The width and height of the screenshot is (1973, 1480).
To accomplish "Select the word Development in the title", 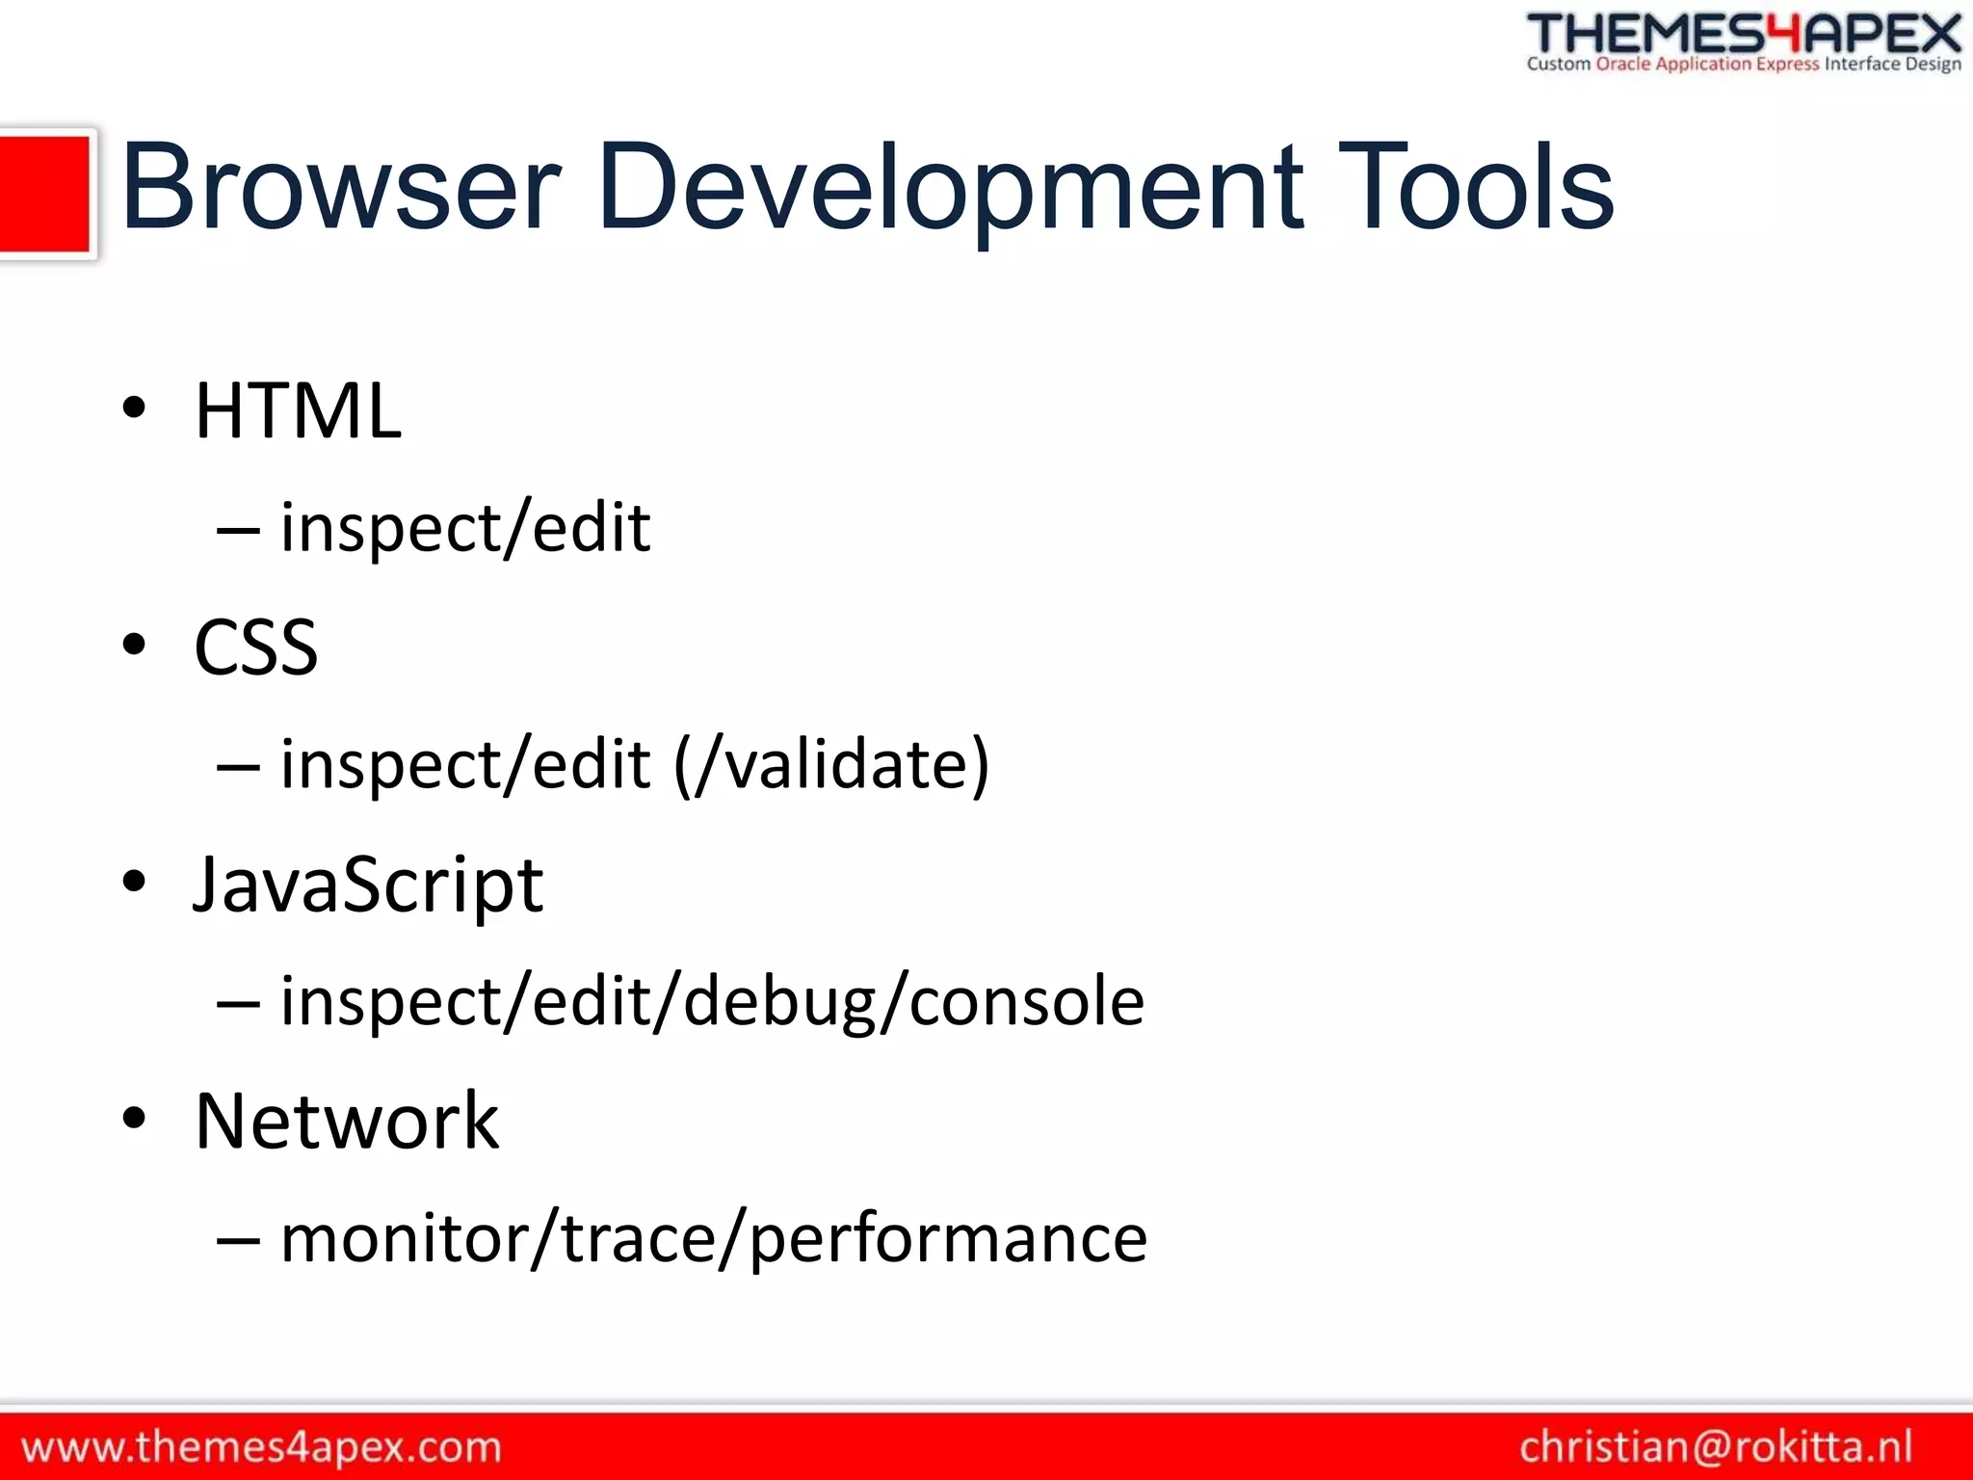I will pos(950,187).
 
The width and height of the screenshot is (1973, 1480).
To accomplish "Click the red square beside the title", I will pos(45,195).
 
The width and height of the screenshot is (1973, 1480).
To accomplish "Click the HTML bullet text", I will pos(298,410).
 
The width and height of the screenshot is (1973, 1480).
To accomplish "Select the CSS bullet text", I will pos(256,647).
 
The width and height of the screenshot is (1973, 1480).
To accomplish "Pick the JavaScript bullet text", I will pos(368,885).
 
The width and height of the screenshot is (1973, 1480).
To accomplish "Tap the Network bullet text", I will pos(347,1121).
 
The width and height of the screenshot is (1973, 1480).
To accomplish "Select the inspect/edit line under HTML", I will pos(465,528).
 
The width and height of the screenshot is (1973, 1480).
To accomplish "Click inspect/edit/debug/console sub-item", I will pos(712,1001).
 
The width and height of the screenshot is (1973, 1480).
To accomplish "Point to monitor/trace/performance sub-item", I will pos(714,1238).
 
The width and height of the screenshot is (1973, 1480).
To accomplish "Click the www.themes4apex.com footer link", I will pos(261,1447).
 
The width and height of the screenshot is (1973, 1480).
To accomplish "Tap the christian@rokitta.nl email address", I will pos(1716,1447).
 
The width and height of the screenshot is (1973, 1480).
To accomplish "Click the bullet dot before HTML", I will pos(134,408).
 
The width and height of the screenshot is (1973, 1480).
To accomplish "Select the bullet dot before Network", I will pos(134,1118).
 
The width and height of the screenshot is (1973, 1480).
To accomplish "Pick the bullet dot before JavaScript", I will pos(134,881).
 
